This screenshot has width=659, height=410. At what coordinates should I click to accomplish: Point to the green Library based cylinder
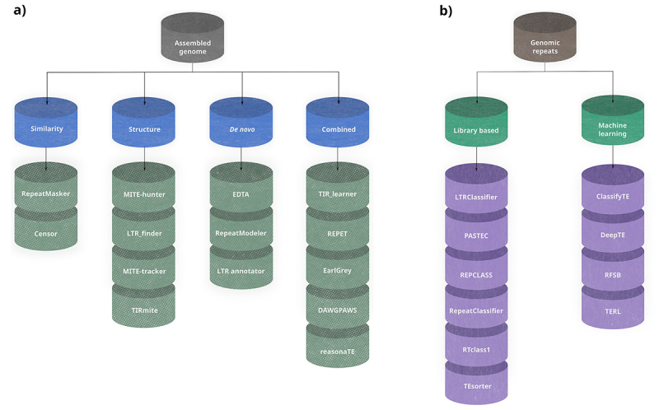pos(478,129)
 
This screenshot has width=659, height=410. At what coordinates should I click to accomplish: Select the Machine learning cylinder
pos(612,129)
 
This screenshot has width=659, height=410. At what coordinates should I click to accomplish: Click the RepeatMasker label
pos(47,193)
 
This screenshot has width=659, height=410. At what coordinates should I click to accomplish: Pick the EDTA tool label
pos(241,193)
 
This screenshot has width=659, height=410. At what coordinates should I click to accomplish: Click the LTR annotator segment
pos(241,271)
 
